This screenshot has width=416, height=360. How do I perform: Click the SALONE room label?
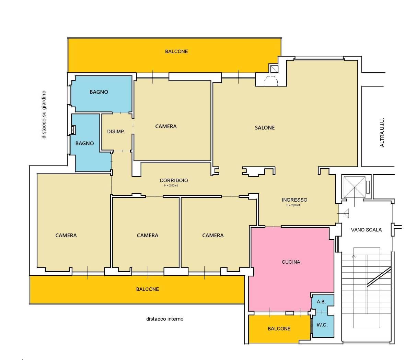coord(265,128)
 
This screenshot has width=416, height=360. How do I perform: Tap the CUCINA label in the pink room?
coord(291,262)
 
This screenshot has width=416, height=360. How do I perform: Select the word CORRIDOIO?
coord(174,180)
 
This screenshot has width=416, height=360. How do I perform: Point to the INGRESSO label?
coord(294,200)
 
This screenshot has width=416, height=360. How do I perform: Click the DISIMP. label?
coord(116,132)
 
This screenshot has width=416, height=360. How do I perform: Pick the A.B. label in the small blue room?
coord(321,302)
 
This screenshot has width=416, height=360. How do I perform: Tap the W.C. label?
coord(322,325)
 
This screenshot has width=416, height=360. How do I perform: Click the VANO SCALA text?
coord(366,230)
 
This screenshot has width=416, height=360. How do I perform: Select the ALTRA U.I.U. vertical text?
coord(382,132)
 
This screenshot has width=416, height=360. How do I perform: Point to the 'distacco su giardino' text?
coord(44,115)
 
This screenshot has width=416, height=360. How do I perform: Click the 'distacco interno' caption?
coord(165,319)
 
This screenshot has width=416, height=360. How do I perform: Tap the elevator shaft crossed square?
coord(355,187)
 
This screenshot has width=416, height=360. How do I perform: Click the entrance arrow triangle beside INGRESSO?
coord(346,213)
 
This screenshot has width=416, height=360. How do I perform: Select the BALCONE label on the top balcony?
coord(176,51)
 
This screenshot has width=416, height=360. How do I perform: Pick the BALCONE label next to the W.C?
coord(279,329)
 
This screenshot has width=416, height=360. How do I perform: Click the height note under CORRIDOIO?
coord(171,185)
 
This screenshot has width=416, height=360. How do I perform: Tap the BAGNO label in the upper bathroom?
coord(99,92)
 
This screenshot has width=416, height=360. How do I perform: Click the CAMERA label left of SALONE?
coord(166,127)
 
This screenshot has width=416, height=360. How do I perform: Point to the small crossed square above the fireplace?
coord(274,69)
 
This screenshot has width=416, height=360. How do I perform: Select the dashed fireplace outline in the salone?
coord(271,81)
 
